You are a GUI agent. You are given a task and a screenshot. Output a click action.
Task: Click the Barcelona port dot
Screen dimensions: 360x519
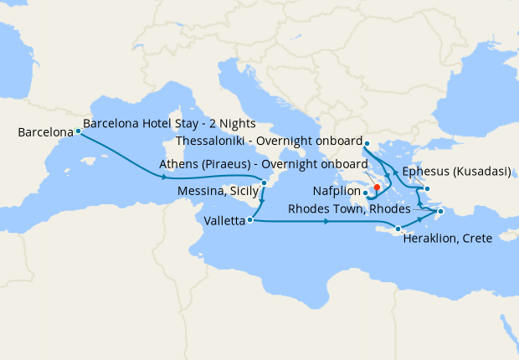pos(78,131)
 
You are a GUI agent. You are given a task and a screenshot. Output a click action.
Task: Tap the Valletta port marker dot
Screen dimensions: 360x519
pos(251,220)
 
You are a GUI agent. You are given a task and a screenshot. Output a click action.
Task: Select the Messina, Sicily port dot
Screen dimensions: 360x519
pos(264,183)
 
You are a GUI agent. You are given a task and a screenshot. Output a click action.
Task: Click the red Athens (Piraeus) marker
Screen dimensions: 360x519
pos(377,188)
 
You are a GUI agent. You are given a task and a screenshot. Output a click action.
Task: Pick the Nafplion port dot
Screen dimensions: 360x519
pos(366,193)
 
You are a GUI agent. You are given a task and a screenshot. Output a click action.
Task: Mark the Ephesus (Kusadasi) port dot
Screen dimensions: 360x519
pos(427,188)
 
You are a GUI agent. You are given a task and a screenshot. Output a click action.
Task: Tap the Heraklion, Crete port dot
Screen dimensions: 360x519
pos(398,229)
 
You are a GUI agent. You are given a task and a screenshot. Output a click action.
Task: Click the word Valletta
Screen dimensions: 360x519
pos(224,221)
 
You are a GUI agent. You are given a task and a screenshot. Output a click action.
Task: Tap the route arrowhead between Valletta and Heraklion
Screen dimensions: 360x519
pos(323,222)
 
